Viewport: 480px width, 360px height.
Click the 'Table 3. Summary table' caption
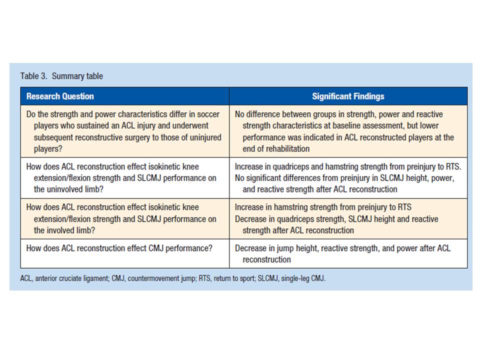[61, 76]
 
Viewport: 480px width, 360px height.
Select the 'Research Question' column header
[60, 96]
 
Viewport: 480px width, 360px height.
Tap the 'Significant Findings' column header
[348, 96]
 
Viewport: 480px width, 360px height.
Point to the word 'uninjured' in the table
[204, 137]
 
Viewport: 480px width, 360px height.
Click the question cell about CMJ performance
[119, 248]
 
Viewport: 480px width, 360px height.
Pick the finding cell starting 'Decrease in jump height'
[342, 254]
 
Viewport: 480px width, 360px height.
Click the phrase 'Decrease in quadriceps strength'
[291, 219]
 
